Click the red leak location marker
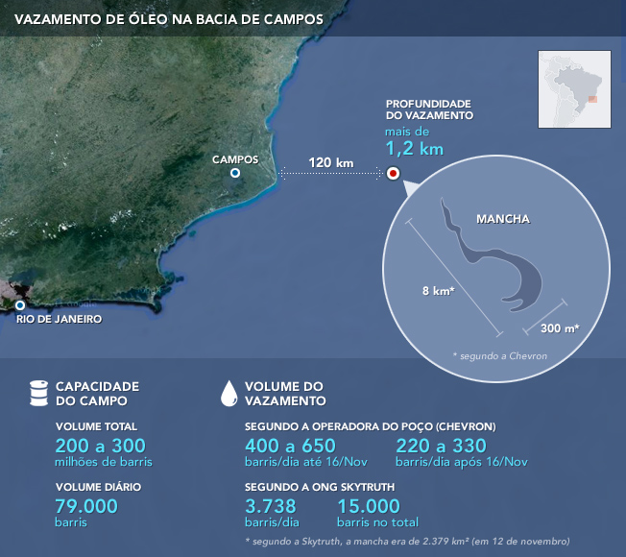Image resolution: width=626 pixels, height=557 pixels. [x=393, y=174]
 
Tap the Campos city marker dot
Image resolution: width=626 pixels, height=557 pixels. [x=235, y=173]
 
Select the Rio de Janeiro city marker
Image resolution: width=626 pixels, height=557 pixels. [x=19, y=305]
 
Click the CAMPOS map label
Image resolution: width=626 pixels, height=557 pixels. [x=235, y=159]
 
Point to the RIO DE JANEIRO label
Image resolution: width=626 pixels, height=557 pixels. [x=59, y=319]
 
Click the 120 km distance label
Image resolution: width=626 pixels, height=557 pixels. [x=331, y=162]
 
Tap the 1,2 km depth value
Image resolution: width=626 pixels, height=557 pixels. [x=415, y=149]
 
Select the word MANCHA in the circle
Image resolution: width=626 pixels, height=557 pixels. [x=503, y=219]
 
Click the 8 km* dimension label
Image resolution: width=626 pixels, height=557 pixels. [x=437, y=290]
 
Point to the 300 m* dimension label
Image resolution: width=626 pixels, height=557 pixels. [x=560, y=327]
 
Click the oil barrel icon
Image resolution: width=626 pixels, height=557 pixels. [x=38, y=393]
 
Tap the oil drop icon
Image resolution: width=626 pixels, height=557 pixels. [x=229, y=392]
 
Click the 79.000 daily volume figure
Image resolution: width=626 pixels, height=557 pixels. [x=86, y=506]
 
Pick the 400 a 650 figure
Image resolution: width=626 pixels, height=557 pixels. [x=290, y=446]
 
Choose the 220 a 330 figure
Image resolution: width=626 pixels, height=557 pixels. [x=441, y=446]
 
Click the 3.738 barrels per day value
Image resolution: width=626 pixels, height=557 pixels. [x=271, y=506]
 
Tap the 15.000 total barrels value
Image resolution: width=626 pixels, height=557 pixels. [x=368, y=506]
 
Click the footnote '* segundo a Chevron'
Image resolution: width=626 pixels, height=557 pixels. [x=499, y=355]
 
